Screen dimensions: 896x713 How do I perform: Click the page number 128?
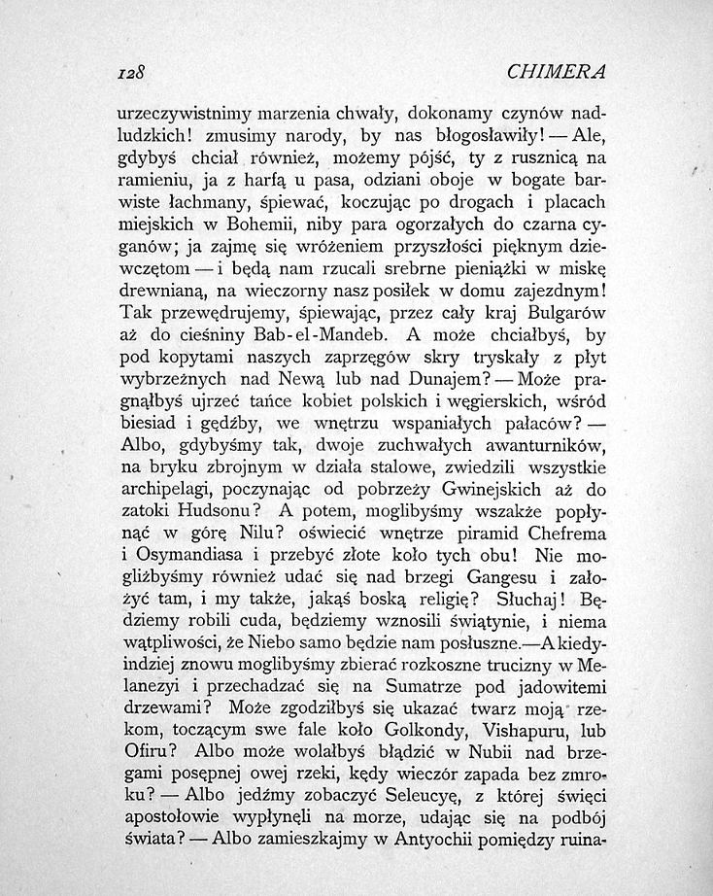click(129, 72)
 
